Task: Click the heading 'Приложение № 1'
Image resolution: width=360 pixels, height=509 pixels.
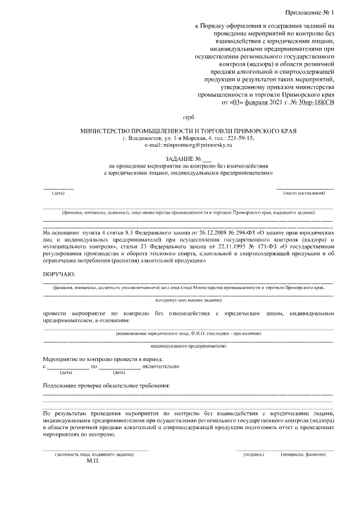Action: (309, 12)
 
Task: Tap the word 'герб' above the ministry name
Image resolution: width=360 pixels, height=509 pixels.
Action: (189, 118)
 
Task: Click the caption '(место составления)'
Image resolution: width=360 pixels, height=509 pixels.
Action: (305, 193)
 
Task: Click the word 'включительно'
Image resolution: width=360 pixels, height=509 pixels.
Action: (161, 366)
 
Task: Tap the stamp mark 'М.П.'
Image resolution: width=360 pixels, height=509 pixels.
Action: (93, 461)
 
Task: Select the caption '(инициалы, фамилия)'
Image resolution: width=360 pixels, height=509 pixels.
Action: (304, 454)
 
